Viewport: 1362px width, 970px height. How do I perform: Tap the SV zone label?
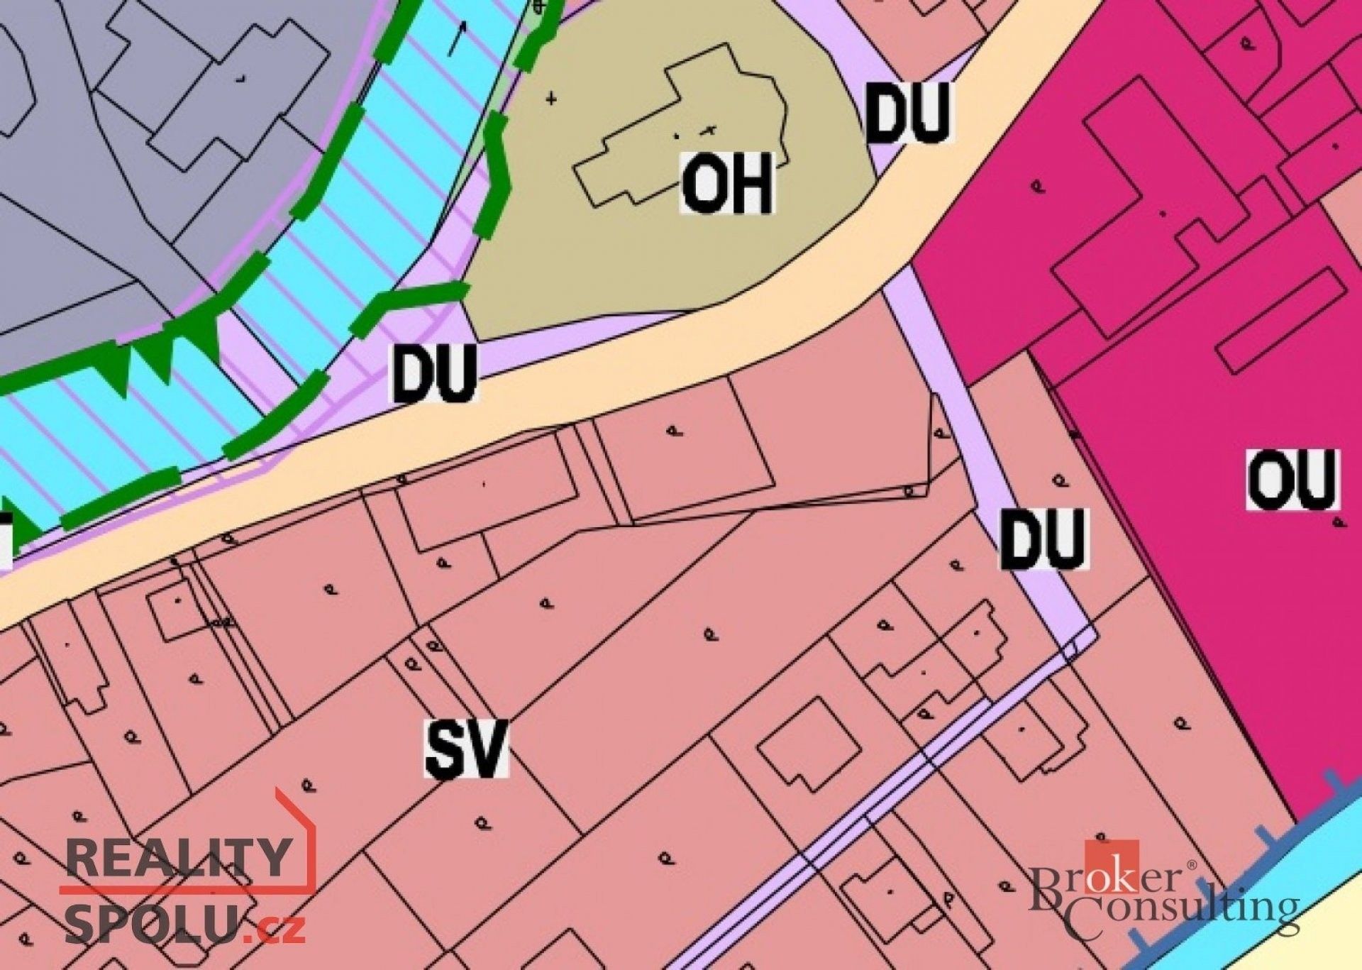[x=467, y=748]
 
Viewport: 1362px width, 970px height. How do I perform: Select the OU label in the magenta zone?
[x=1292, y=479]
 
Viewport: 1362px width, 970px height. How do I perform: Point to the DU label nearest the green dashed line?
[x=434, y=373]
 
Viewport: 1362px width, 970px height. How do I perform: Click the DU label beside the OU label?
[x=1043, y=539]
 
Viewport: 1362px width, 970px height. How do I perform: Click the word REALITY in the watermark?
[x=181, y=857]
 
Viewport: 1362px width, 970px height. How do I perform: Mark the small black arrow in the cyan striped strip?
[x=457, y=39]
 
